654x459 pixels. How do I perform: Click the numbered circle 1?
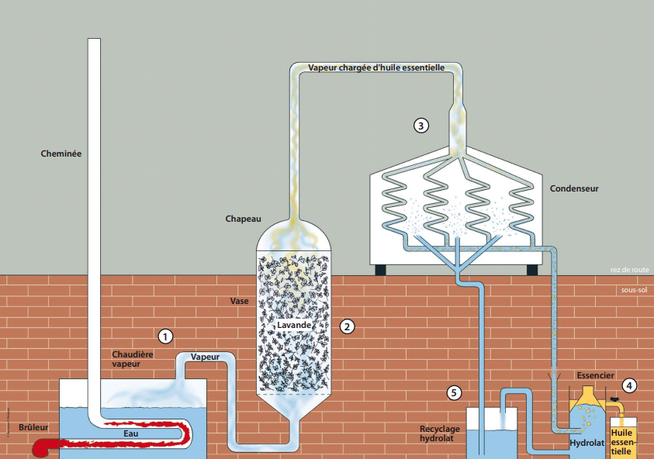164,336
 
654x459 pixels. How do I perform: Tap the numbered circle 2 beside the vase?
348,326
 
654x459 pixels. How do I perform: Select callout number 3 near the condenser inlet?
421,124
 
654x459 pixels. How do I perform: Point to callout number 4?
630,384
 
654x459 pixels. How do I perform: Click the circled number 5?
455,392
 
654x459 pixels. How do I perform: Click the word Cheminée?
61,154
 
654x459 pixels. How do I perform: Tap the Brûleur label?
33,426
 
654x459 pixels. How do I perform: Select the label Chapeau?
244,219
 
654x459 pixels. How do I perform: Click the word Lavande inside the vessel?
294,325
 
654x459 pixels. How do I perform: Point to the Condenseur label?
574,188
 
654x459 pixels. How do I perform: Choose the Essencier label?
596,375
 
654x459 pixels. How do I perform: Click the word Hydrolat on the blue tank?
587,444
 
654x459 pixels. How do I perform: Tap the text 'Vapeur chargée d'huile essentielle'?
375,67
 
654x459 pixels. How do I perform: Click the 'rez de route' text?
629,271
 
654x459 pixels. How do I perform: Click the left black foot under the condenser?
382,271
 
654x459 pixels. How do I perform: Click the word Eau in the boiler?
131,433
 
